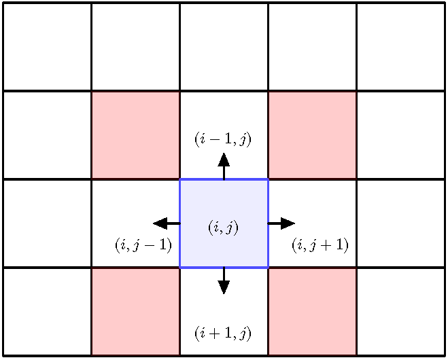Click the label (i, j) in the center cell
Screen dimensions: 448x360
223,228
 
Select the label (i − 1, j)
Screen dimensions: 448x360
223,140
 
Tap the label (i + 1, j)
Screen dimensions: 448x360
223,334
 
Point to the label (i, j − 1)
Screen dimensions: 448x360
143,245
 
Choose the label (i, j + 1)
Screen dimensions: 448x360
320,245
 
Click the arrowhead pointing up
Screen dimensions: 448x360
224,160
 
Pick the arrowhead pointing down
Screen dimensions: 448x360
224,287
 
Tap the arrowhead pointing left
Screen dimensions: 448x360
160,223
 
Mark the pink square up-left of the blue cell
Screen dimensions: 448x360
135,135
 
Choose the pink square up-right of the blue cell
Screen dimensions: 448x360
312,135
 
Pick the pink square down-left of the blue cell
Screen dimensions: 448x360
135,311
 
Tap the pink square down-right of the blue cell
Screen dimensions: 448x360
312,311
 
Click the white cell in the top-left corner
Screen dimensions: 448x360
47,47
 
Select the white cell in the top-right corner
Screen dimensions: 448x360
400,47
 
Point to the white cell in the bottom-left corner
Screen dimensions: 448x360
47,311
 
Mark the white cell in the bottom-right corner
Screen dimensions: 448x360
400,311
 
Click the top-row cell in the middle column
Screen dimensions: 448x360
224,47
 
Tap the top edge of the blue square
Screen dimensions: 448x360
204,179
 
